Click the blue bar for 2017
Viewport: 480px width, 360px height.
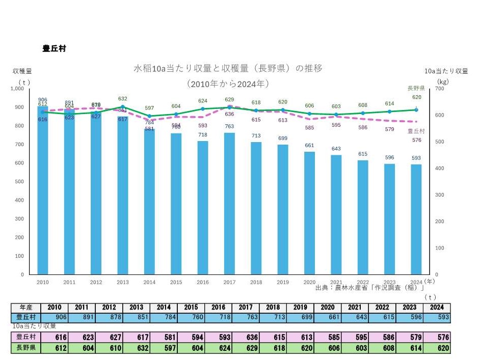tap(229, 204)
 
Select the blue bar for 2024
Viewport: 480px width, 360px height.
tap(416, 219)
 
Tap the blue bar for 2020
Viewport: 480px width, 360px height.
tap(309, 213)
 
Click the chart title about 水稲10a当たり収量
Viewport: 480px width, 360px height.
tap(228, 68)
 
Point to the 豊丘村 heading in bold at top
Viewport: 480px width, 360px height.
tap(54, 49)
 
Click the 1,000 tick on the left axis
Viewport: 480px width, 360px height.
tap(17, 89)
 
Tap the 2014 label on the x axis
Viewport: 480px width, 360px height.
tap(149, 282)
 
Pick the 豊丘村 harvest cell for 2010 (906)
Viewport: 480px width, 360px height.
tap(55, 317)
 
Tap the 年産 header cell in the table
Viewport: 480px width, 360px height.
tap(26, 308)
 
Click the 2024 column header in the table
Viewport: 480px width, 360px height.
tap(436, 308)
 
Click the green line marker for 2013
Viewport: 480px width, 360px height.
tap(123, 107)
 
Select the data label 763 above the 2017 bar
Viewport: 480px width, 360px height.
tap(229, 126)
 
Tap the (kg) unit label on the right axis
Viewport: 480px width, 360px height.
tap(443, 81)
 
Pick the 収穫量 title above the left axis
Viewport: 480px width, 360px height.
tap(22, 71)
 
